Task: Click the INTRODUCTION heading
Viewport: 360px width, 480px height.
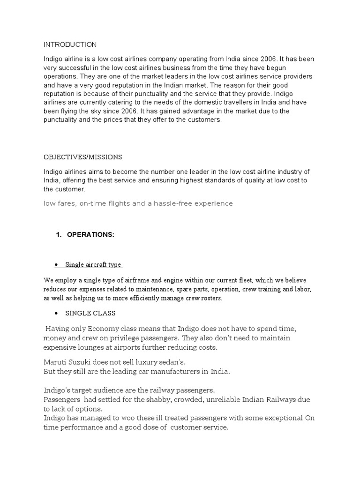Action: (70, 45)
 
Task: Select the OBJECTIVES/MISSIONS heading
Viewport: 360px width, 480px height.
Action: (82, 157)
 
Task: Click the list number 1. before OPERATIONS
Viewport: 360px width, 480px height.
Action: (59, 234)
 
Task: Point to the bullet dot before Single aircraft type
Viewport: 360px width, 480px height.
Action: (56, 265)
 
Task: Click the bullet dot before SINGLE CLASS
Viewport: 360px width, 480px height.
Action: (56, 313)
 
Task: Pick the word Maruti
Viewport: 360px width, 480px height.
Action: (56, 362)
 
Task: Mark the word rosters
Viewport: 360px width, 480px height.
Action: (212, 298)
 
